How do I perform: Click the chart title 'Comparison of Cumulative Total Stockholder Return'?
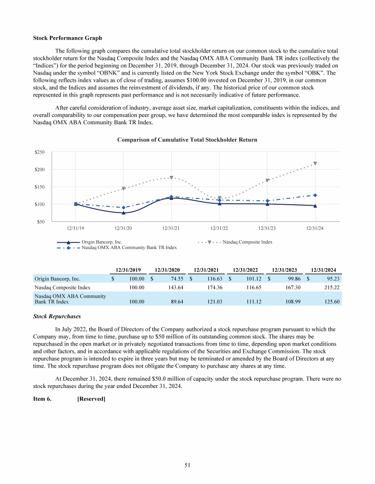point(187,140)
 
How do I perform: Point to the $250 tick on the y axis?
point(40,153)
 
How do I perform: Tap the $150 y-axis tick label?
point(40,187)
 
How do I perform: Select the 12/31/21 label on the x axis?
point(171,228)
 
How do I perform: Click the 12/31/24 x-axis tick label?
point(315,228)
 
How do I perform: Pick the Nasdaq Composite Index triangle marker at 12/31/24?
point(315,164)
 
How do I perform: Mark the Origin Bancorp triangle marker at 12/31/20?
point(124,213)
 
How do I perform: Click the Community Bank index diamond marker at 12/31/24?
point(315,195)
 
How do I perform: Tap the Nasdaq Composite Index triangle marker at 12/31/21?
point(171,178)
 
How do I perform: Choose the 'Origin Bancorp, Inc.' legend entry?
point(102,242)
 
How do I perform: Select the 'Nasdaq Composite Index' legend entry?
point(247,242)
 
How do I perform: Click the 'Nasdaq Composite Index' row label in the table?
point(62,288)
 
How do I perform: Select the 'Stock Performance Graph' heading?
point(67,38)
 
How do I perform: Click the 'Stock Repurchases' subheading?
point(57,316)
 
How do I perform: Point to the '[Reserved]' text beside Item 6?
point(91,399)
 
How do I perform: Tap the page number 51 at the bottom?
point(187,465)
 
